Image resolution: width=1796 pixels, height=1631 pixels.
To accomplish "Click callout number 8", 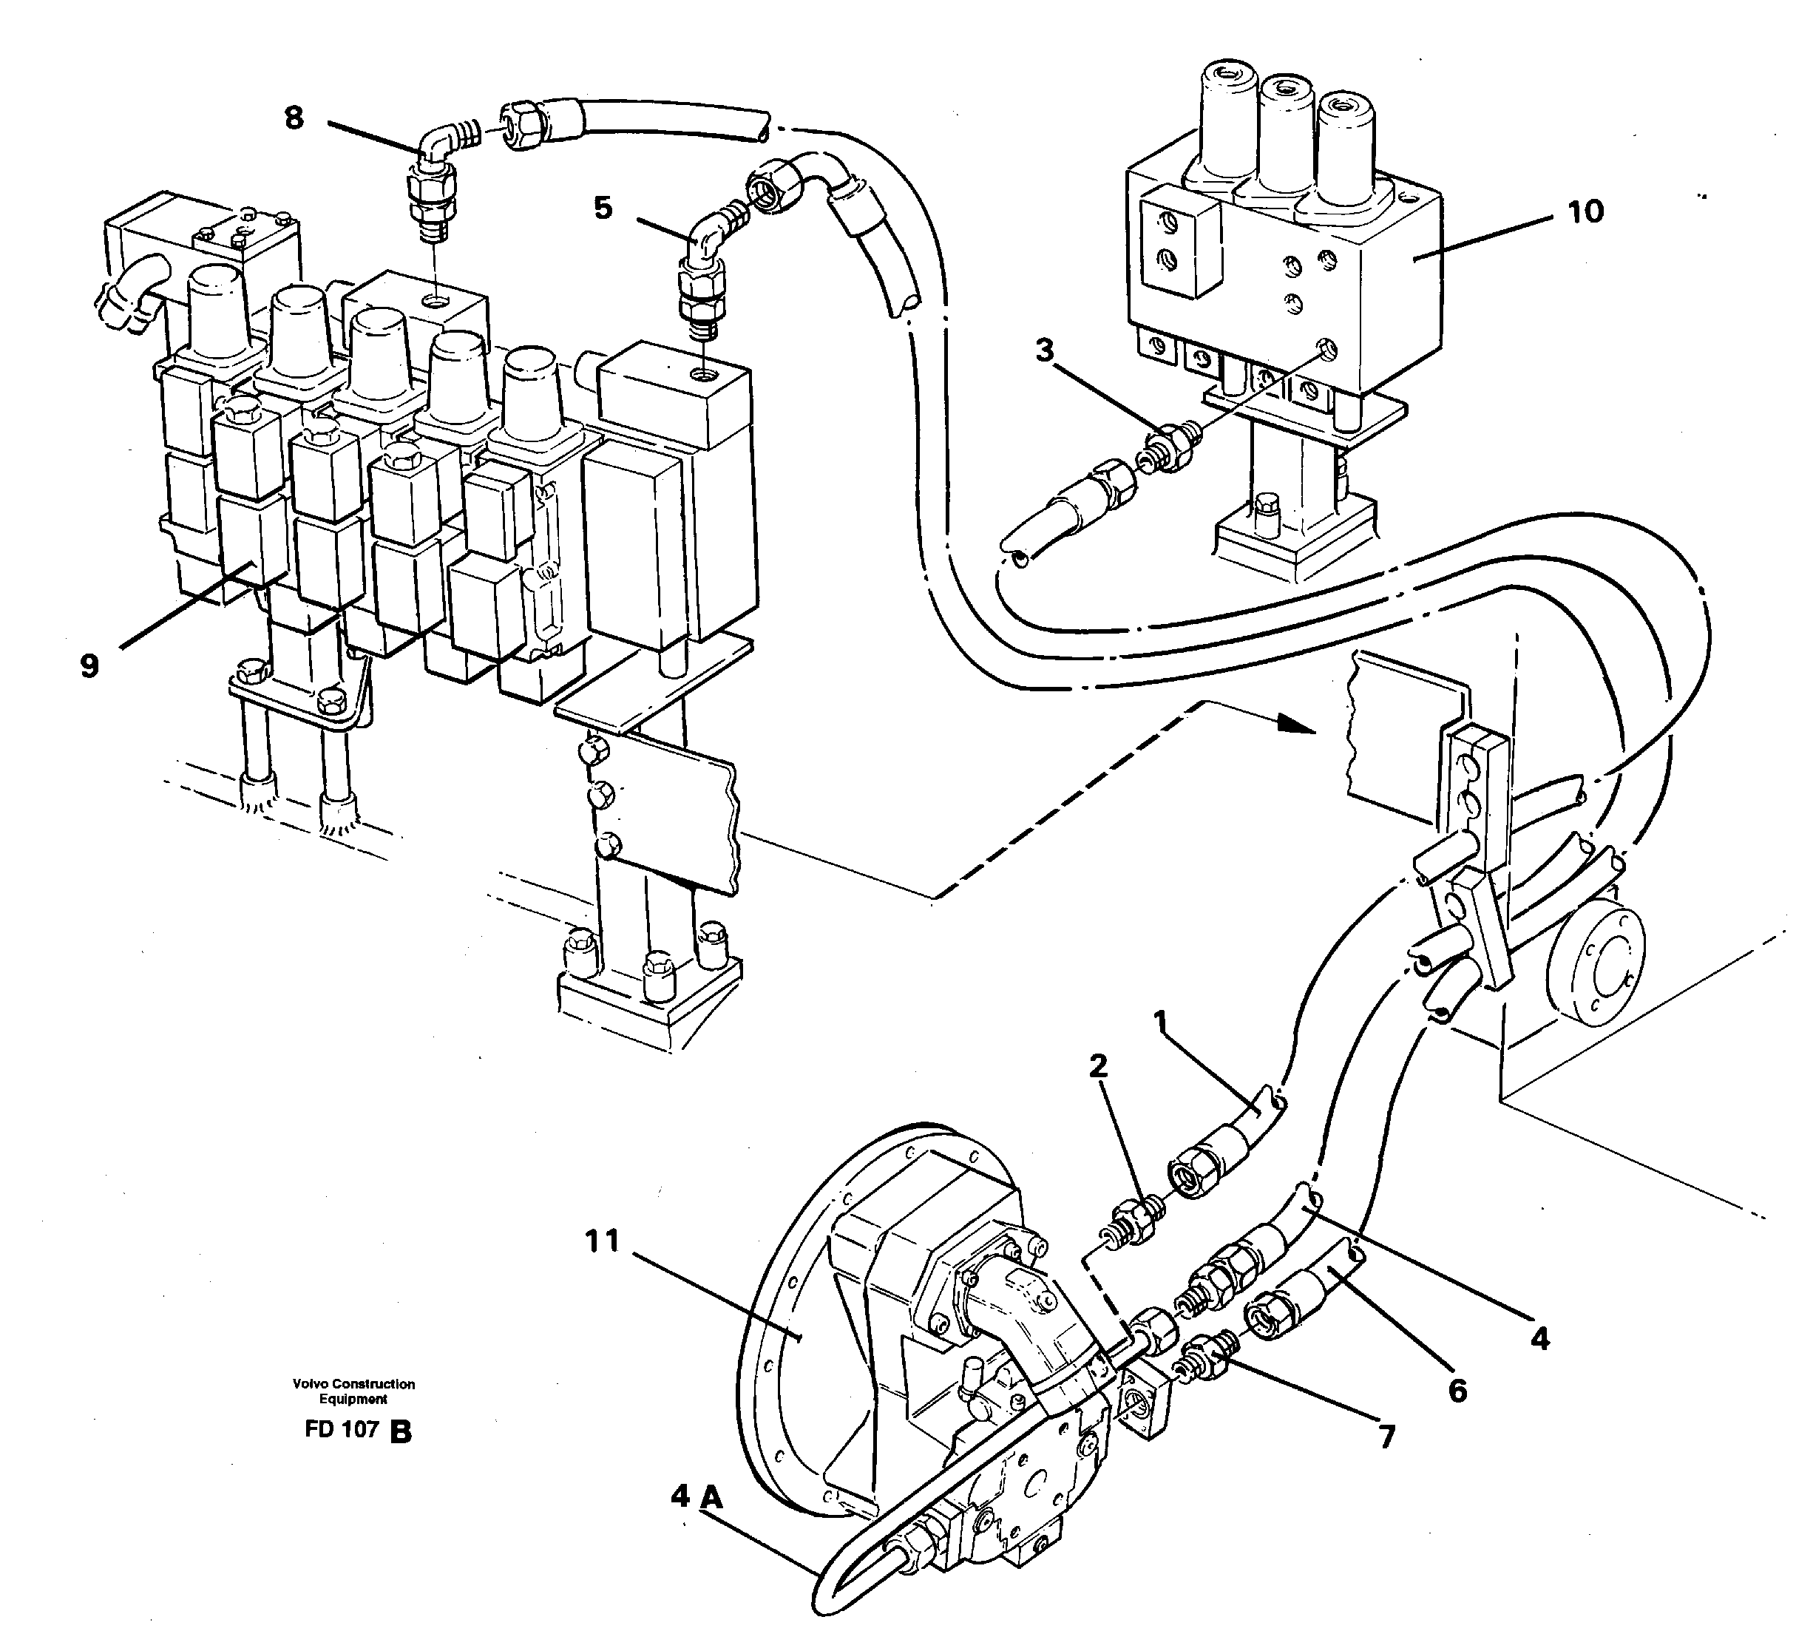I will point(294,118).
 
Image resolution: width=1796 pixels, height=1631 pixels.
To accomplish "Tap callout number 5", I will point(603,208).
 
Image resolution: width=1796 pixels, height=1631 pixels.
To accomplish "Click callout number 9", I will point(89,665).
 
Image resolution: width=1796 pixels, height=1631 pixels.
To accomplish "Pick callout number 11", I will point(602,1241).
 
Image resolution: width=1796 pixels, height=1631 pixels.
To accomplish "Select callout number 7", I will point(1386,1436).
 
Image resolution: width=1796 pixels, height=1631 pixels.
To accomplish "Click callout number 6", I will point(1457,1391).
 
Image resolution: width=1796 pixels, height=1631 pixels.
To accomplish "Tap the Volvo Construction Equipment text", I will point(353,1391).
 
